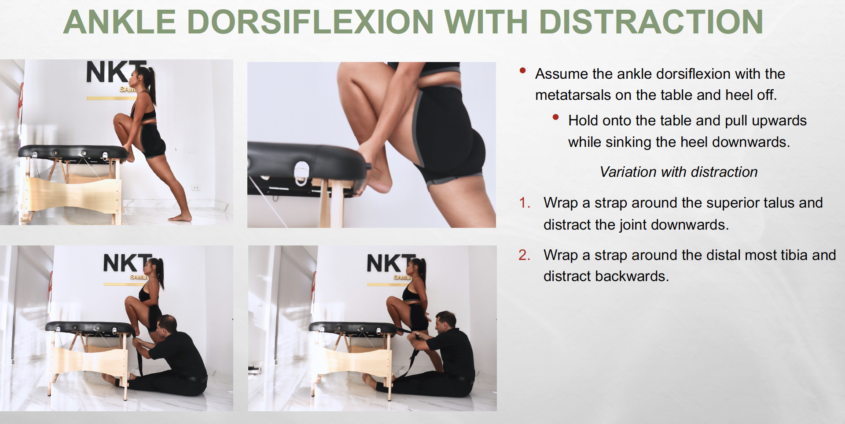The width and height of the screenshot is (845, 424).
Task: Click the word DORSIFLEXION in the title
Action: tap(311, 22)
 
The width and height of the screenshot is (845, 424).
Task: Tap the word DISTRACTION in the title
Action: tap(651, 22)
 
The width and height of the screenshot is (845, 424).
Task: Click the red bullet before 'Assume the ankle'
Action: tap(523, 70)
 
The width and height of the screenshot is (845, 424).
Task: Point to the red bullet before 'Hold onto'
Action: tap(556, 117)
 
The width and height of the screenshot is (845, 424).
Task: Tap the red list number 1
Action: tap(524, 203)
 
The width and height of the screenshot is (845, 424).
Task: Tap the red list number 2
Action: tap(524, 255)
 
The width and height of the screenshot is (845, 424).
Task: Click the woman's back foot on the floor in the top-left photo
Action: tap(180, 218)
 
